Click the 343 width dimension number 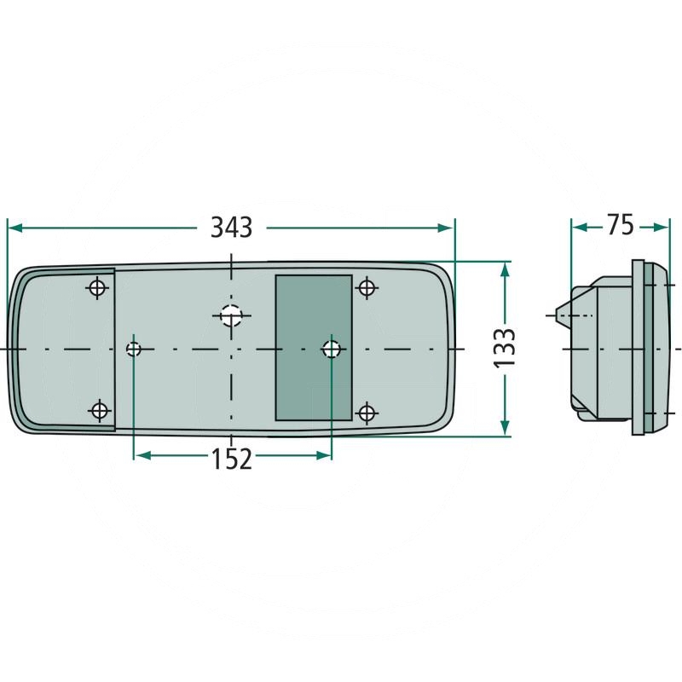pos(231,227)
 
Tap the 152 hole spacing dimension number pos(231,459)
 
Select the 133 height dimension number pos(505,349)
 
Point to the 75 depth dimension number pos(621,225)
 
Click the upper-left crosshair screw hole pos(98,287)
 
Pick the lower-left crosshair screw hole pos(100,410)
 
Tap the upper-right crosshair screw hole pos(367,287)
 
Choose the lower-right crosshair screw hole pos(367,413)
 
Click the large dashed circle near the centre pos(231,315)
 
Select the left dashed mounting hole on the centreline pos(134,349)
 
